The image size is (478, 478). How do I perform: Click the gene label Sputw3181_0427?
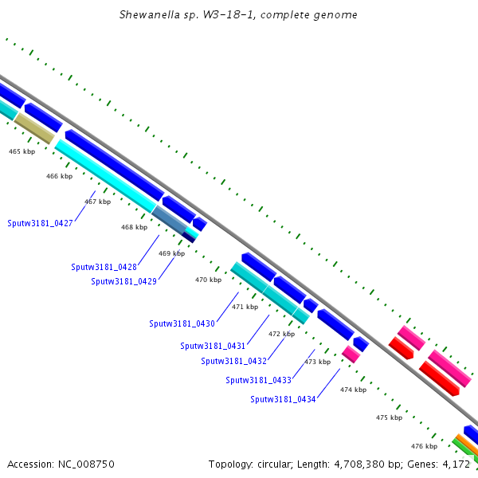pyautogui.click(x=40, y=223)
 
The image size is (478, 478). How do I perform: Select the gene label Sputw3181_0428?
pyautogui.click(x=104, y=268)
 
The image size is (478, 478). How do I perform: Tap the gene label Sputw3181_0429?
pyautogui.click(x=123, y=281)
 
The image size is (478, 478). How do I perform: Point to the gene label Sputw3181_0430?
pyautogui.click(x=182, y=323)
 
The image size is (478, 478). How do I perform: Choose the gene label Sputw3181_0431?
pyautogui.click(x=213, y=346)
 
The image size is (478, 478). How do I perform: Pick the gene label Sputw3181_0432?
pyautogui.click(x=233, y=361)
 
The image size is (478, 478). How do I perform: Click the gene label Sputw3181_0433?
pyautogui.click(x=258, y=381)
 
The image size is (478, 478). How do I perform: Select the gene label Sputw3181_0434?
pyautogui.click(x=283, y=400)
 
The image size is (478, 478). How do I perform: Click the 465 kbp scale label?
pyautogui.click(x=22, y=151)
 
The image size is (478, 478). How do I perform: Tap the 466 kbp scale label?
pyautogui.click(x=60, y=176)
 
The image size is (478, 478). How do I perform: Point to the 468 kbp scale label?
pyautogui.click(x=134, y=227)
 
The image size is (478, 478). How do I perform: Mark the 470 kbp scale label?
pyautogui.click(x=208, y=280)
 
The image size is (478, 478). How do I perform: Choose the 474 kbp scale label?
pyautogui.click(x=353, y=390)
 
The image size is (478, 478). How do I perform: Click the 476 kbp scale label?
pyautogui.click(x=424, y=446)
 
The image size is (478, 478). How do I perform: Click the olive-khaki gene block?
pyautogui.click(x=34, y=128)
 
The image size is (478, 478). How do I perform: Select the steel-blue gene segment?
pyautogui.click(x=170, y=220)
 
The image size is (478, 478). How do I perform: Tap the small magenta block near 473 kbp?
pyautogui.click(x=351, y=355)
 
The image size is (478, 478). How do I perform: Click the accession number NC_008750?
pyautogui.click(x=86, y=464)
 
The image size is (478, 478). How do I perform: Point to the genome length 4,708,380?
pyautogui.click(x=359, y=464)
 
